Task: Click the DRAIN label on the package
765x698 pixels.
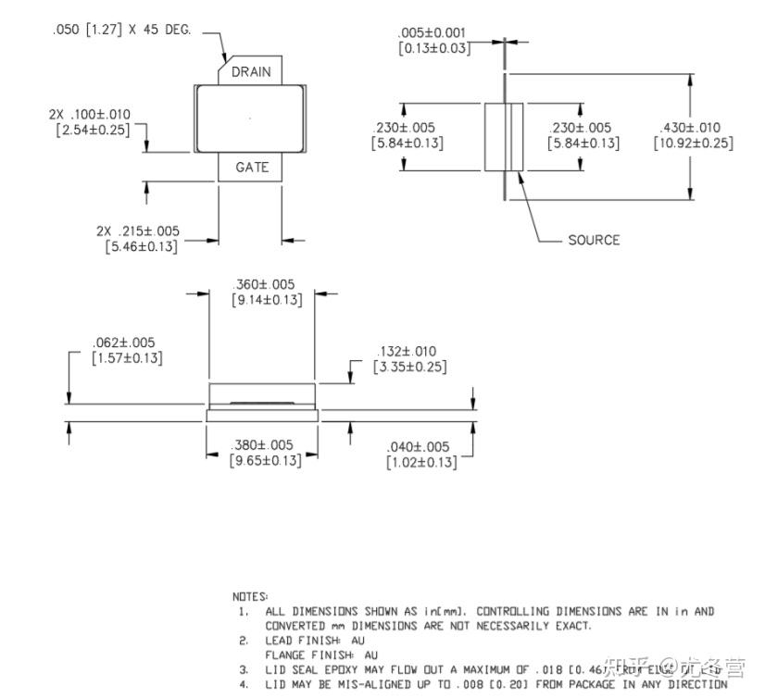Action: [x=251, y=71]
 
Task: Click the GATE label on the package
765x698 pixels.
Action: [x=251, y=168]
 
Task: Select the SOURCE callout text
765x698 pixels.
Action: [x=594, y=240]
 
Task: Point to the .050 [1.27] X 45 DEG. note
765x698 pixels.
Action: [x=121, y=31]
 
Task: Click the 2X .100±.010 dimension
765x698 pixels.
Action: [x=90, y=114]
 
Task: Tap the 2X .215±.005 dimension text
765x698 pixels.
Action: [x=138, y=231]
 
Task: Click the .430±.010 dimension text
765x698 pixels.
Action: [x=692, y=127]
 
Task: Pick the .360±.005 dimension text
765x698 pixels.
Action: [x=266, y=284]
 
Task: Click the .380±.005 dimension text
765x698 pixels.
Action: [x=266, y=445]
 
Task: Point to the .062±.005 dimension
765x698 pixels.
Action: [x=127, y=343]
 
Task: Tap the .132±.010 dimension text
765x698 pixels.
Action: [x=408, y=351]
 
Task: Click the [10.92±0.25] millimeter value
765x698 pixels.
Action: [x=692, y=143]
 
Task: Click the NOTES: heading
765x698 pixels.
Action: [x=251, y=596]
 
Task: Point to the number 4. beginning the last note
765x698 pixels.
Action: [x=244, y=685]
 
